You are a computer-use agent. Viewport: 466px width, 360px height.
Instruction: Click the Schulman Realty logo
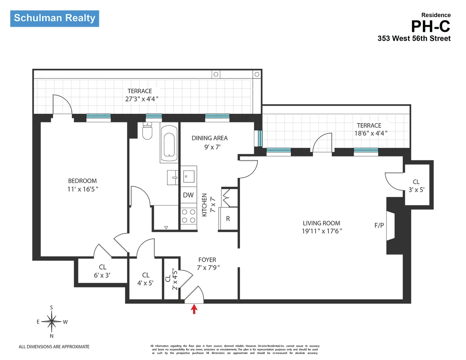tap(54, 18)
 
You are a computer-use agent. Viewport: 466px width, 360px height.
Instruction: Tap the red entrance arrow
tap(194, 309)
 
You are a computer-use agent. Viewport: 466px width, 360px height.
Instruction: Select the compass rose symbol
tap(52, 321)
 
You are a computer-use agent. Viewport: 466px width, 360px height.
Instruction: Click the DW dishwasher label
tap(188, 195)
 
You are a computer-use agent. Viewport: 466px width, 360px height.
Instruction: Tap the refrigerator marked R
tap(228, 219)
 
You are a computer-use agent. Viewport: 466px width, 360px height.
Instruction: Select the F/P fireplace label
tap(379, 225)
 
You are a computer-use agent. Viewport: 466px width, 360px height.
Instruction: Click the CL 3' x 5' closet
tap(416, 186)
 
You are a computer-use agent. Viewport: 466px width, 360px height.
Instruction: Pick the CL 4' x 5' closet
tap(146, 279)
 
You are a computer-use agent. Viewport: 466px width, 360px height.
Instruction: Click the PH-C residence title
tap(431, 26)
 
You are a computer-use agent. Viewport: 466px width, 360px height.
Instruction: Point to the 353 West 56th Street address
tap(414, 38)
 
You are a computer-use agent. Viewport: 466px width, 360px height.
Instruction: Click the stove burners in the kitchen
tap(188, 216)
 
